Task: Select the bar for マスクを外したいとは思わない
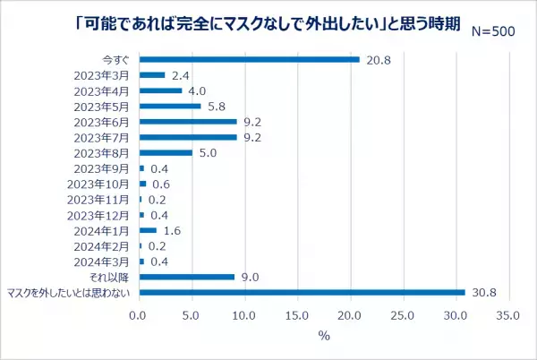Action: click(x=303, y=292)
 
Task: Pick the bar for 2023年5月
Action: click(x=170, y=106)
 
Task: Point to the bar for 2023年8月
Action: click(x=166, y=152)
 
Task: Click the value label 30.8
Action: click(x=482, y=292)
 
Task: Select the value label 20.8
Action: click(x=377, y=59)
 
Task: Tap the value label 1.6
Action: click(x=172, y=230)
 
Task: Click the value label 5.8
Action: click(x=217, y=106)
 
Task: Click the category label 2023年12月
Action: click(x=107, y=215)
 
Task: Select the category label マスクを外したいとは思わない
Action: click(x=69, y=293)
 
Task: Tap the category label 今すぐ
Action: click(x=118, y=59)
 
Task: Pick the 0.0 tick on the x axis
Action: click(x=139, y=316)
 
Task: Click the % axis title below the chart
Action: click(x=324, y=337)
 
